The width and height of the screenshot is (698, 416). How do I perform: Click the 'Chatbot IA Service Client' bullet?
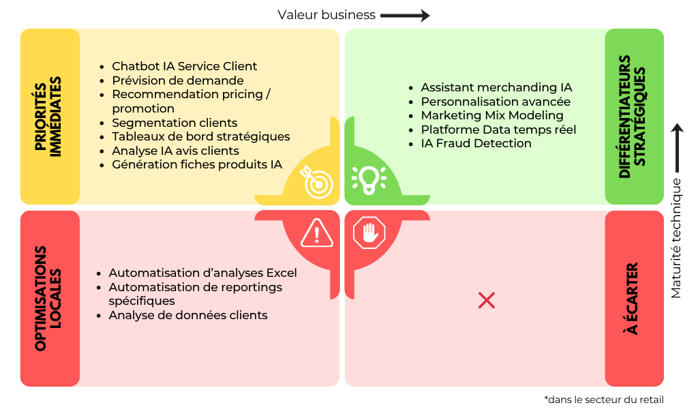184,66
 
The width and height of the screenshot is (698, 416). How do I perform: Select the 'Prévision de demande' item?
177,80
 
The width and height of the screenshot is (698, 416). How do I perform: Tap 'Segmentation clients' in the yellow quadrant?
174,123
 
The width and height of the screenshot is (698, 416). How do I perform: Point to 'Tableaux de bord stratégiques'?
200,136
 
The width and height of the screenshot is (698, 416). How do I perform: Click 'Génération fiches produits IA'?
196,164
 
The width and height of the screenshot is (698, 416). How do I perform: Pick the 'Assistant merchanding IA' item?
496,87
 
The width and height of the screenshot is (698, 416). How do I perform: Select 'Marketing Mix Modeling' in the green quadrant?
491,115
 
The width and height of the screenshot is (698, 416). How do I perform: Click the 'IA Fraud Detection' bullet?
476,143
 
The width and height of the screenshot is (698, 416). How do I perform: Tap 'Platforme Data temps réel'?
498,130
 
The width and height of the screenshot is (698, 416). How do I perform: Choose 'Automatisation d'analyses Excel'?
202,273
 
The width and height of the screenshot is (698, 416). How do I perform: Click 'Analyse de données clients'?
187,315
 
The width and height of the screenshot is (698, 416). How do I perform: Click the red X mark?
487,300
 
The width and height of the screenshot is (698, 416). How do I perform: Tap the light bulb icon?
369,179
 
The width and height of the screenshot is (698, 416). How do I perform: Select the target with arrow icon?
317,181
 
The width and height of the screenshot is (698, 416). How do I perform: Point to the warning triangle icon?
317,233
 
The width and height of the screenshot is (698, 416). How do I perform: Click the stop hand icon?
369,233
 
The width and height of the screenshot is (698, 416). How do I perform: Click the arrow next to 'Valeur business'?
405,15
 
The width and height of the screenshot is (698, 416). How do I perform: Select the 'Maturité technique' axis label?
676,238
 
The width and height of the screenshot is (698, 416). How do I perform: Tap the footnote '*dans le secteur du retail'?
603,400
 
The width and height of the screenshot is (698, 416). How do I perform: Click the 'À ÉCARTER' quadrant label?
633,299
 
